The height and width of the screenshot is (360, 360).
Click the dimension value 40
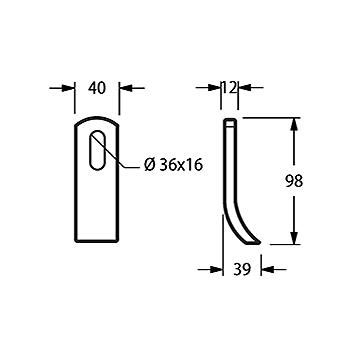(x=97, y=88)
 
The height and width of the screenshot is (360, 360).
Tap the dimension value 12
(x=229, y=88)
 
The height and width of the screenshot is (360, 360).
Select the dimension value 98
(x=294, y=181)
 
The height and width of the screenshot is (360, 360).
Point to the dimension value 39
(x=242, y=269)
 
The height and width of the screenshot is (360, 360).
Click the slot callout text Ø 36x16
(x=173, y=165)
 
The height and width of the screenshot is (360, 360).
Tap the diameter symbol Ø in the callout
(x=150, y=165)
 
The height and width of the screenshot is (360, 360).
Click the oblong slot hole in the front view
(x=97, y=150)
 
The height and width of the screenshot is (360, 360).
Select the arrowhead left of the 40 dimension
(x=68, y=88)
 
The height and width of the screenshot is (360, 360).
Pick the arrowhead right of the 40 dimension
(x=125, y=88)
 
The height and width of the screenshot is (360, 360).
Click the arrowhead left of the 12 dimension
(x=214, y=88)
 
